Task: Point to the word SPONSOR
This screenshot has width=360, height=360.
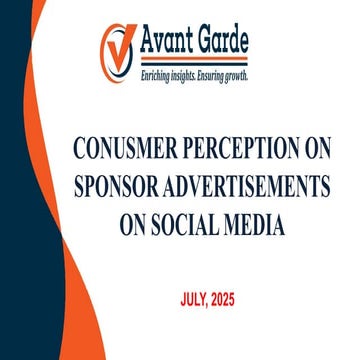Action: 119,189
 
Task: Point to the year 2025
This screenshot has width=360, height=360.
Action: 235,298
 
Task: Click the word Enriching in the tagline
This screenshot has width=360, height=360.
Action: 156,76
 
